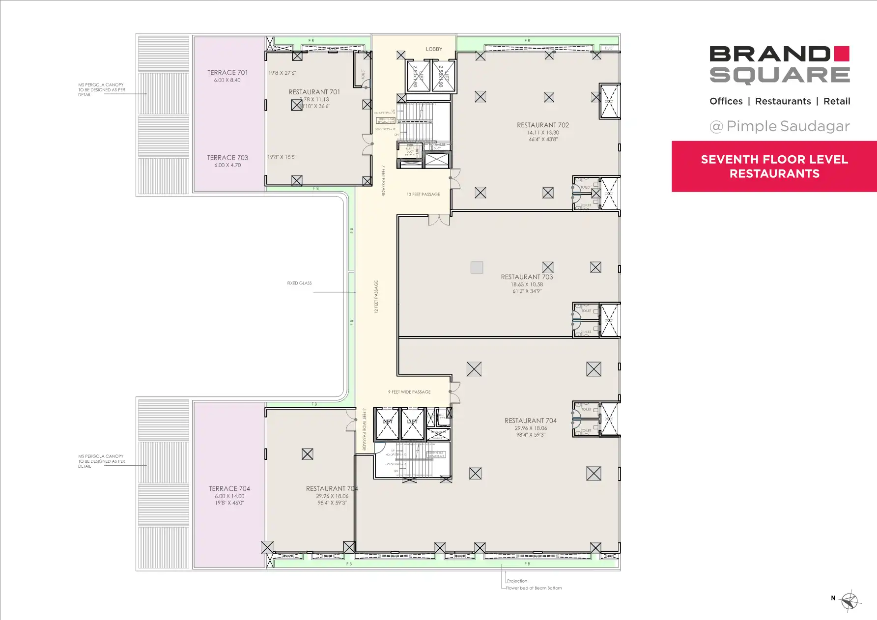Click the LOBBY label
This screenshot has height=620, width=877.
434,49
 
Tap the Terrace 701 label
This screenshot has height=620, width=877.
227,73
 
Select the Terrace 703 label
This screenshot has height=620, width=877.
227,158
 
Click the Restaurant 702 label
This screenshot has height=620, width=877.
543,125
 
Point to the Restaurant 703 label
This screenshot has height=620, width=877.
527,277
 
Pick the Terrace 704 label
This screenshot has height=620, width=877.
229,489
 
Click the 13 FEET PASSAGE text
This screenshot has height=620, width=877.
423,195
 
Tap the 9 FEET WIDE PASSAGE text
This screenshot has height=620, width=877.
409,392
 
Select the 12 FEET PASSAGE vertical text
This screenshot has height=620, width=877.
376,297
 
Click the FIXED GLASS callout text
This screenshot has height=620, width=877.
299,283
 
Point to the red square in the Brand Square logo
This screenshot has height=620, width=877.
842,54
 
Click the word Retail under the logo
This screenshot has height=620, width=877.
837,101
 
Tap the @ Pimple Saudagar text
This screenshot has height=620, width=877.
780,126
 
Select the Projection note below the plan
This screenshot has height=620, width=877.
517,581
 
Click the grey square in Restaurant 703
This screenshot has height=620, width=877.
477,267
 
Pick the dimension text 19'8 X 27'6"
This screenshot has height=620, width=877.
282,73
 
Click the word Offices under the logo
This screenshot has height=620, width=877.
726,101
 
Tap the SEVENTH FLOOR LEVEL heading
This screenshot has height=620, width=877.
774,160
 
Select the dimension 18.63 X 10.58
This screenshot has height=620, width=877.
527,284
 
